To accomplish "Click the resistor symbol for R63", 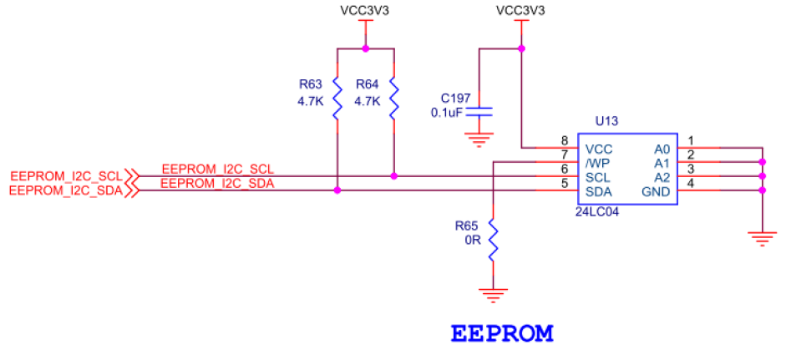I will pos(337,99).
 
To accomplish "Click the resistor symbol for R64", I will pos(393,99).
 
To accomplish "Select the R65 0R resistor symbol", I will pos(493,240).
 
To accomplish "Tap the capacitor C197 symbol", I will pos(479,112).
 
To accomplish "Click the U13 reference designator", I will pos(606,121).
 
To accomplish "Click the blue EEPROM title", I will pos(502,333).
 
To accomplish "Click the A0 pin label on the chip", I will pos(662,149).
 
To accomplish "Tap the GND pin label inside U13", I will pos(657,191).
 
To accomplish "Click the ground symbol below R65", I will pos(493,294).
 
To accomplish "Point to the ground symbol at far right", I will pos(761,238).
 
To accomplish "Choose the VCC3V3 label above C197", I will pos(520,12).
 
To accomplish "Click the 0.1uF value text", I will pos(447,113).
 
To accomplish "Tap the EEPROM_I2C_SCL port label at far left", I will pos(65,176).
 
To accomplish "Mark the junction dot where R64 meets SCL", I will pos(393,176).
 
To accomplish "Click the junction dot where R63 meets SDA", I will pos(337,190).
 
